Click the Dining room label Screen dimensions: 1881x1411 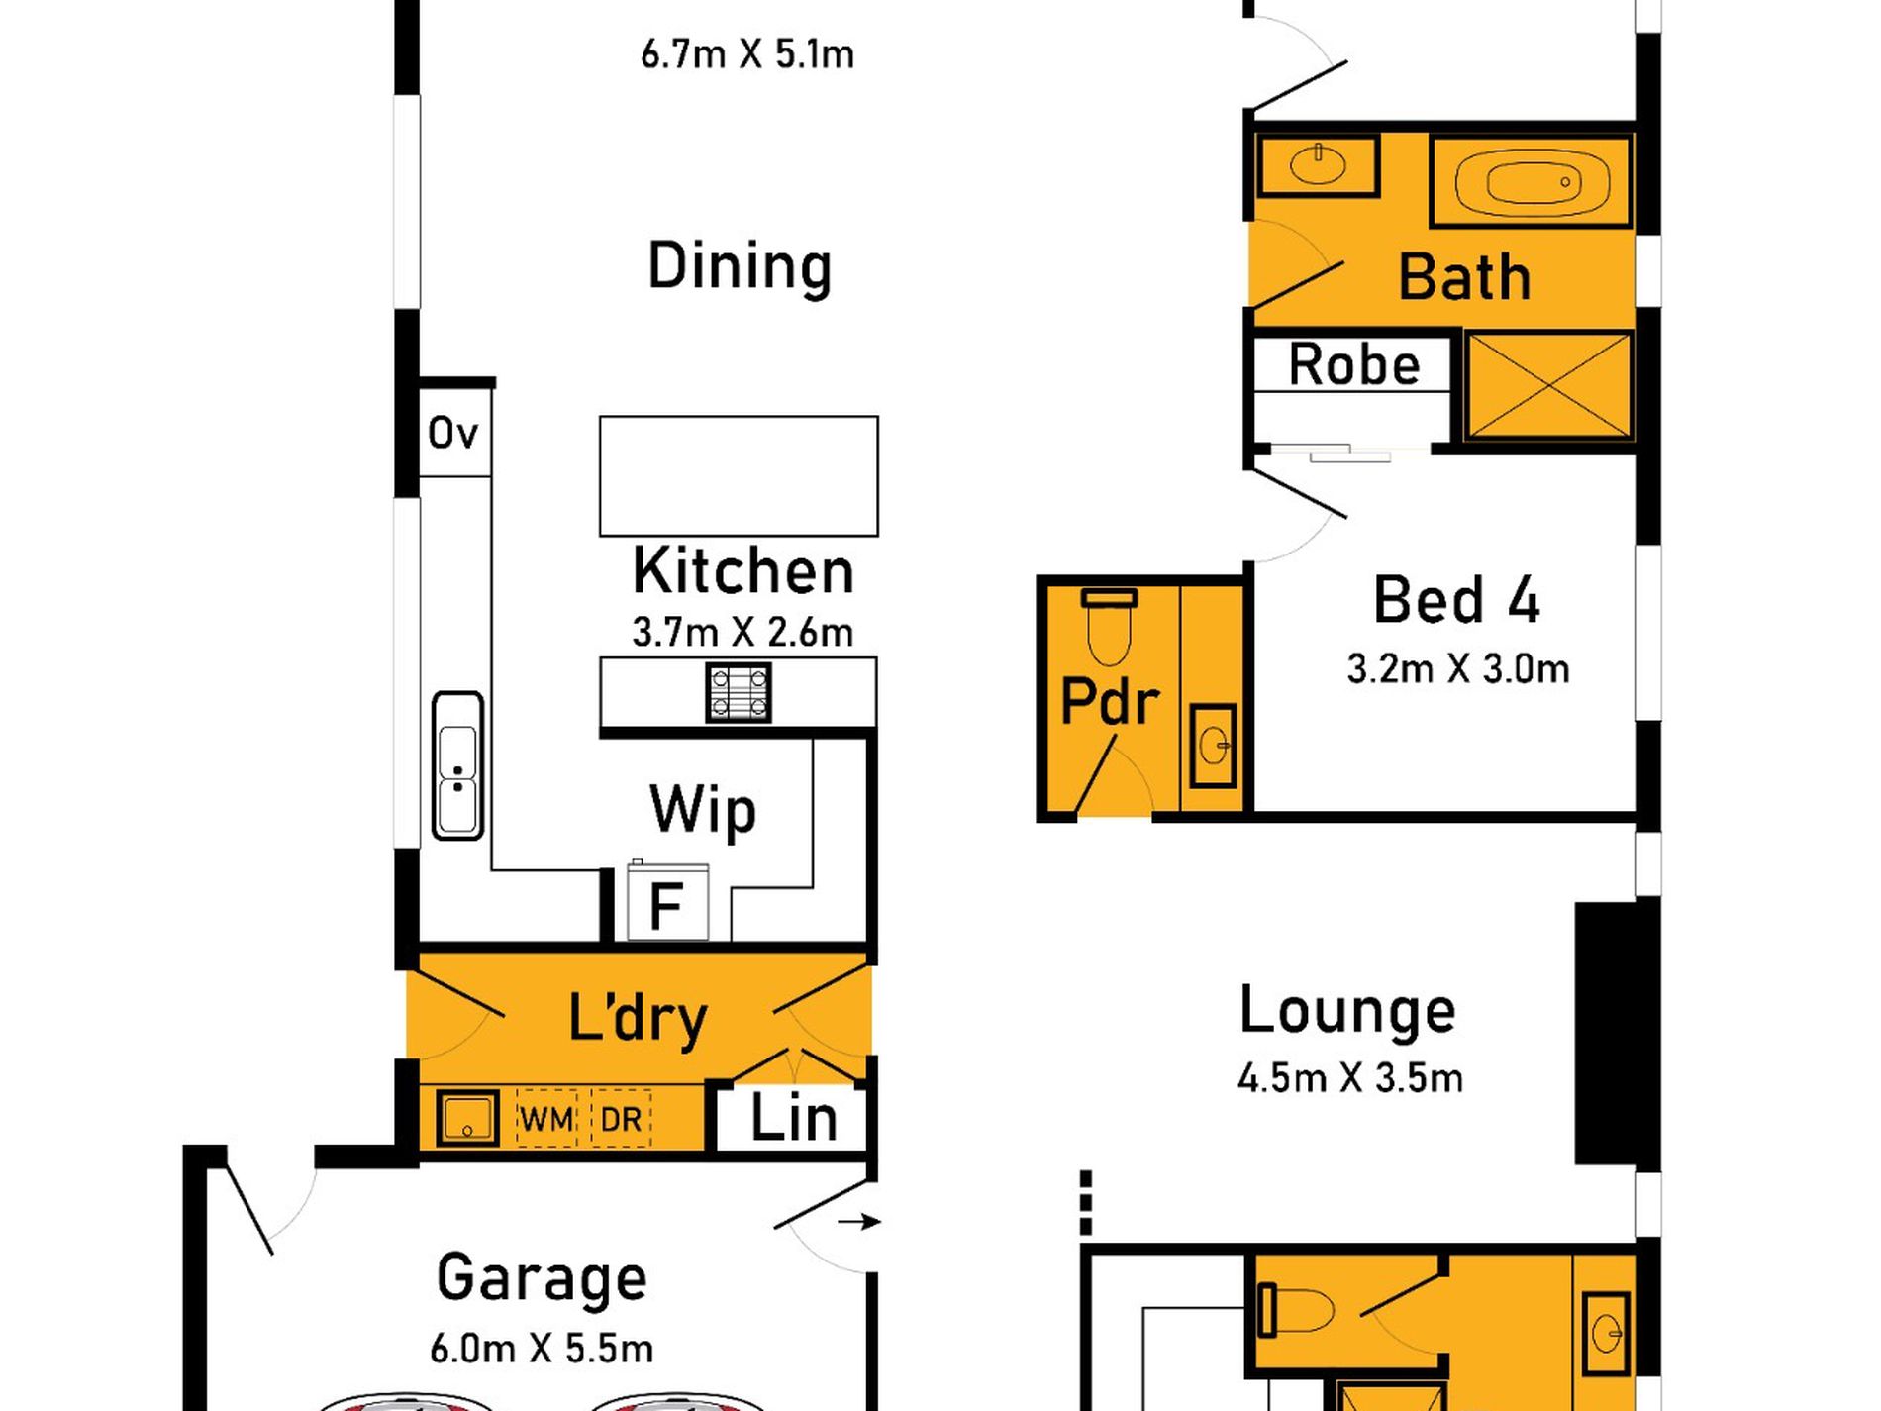pos(740,267)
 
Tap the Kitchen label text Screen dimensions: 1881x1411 pos(742,571)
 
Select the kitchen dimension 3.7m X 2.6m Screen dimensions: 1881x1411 pos(742,632)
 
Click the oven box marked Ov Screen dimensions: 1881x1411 pos(454,433)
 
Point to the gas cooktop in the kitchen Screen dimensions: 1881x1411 pos(738,692)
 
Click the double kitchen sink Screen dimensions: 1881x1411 pos(457,765)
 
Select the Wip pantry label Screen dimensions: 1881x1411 pos(703,810)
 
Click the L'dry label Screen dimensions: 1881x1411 pos(638,1018)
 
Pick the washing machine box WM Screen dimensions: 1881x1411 pos(545,1119)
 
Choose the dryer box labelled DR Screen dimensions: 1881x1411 pos(621,1119)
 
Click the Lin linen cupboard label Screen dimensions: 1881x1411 pos(793,1119)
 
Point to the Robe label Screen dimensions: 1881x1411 pos(1353,364)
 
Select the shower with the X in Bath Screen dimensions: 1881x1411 pos(1548,386)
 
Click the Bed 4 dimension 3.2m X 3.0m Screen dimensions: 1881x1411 pos(1457,669)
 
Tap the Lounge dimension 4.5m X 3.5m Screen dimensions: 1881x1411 pos(1349,1077)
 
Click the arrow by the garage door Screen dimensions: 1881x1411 pos(858,1222)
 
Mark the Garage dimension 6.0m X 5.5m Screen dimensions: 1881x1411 pos(542,1348)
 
